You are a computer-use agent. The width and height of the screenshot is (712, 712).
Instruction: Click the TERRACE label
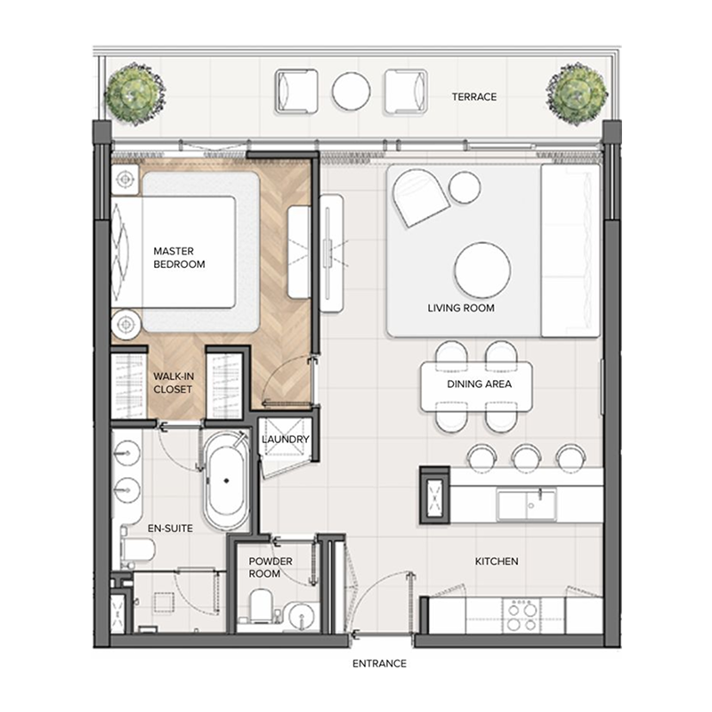473,97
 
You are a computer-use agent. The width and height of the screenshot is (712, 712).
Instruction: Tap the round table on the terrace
351,90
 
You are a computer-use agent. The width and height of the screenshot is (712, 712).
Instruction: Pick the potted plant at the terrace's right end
577,93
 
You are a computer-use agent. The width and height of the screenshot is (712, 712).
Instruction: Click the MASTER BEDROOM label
179,258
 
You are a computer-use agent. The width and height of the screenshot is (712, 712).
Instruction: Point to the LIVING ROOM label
460,309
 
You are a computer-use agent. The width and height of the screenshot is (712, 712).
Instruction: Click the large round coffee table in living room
482,270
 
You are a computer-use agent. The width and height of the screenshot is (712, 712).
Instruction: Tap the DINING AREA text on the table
478,385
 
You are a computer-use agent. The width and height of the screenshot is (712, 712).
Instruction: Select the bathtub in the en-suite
226,481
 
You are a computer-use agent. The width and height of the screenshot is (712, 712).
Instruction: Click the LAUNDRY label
286,440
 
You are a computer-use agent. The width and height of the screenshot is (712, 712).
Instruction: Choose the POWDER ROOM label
264,568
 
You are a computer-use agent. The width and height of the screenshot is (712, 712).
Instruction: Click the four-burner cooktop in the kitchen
521,612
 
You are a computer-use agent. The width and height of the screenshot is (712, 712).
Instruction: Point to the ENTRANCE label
379,664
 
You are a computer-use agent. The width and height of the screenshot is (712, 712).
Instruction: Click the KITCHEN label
496,562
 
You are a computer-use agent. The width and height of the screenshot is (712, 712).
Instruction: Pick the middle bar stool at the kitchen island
525,457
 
